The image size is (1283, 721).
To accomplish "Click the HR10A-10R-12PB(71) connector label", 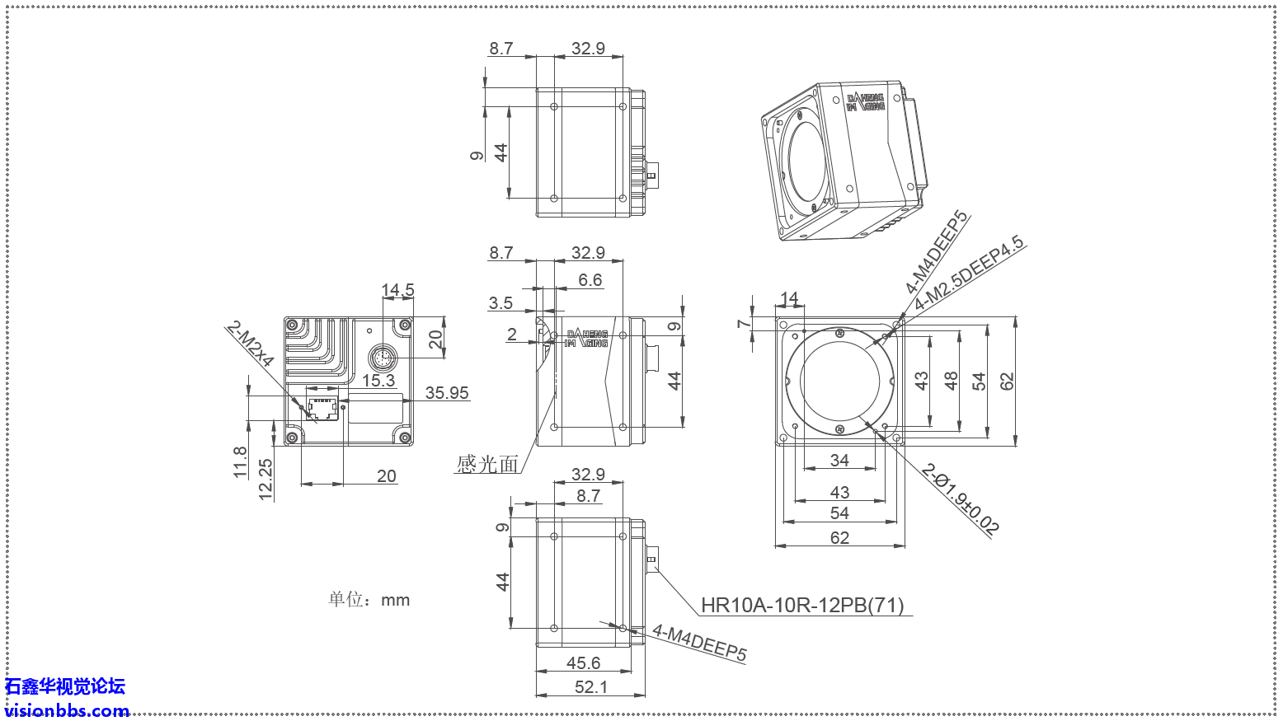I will point(801,606).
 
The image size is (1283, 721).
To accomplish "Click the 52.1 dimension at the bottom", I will point(590,686).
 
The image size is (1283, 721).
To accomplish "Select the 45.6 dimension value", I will point(583,662).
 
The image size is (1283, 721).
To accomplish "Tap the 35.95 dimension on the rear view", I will point(447,393).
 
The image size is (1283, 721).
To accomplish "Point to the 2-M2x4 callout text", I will point(250,344).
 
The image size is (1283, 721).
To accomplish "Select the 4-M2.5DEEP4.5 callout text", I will point(969,273).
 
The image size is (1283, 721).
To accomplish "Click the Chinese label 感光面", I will point(487,465).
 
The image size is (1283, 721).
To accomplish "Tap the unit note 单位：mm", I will point(369,600).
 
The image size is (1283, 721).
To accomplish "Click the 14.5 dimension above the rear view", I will point(397,290).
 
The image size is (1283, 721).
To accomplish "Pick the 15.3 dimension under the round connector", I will point(378,381).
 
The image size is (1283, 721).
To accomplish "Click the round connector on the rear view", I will point(382,358).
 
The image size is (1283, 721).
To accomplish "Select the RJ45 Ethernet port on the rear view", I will point(322,409).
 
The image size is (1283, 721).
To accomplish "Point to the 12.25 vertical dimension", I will point(266,480).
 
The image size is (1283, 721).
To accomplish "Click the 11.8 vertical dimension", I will point(240,462).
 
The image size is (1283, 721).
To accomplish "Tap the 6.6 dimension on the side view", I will point(590,280).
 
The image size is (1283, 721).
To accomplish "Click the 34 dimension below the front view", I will point(839,460).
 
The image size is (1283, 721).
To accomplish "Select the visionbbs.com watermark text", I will point(66,710).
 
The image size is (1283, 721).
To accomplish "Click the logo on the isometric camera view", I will point(866,102).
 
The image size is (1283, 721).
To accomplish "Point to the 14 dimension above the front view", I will point(789,298).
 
